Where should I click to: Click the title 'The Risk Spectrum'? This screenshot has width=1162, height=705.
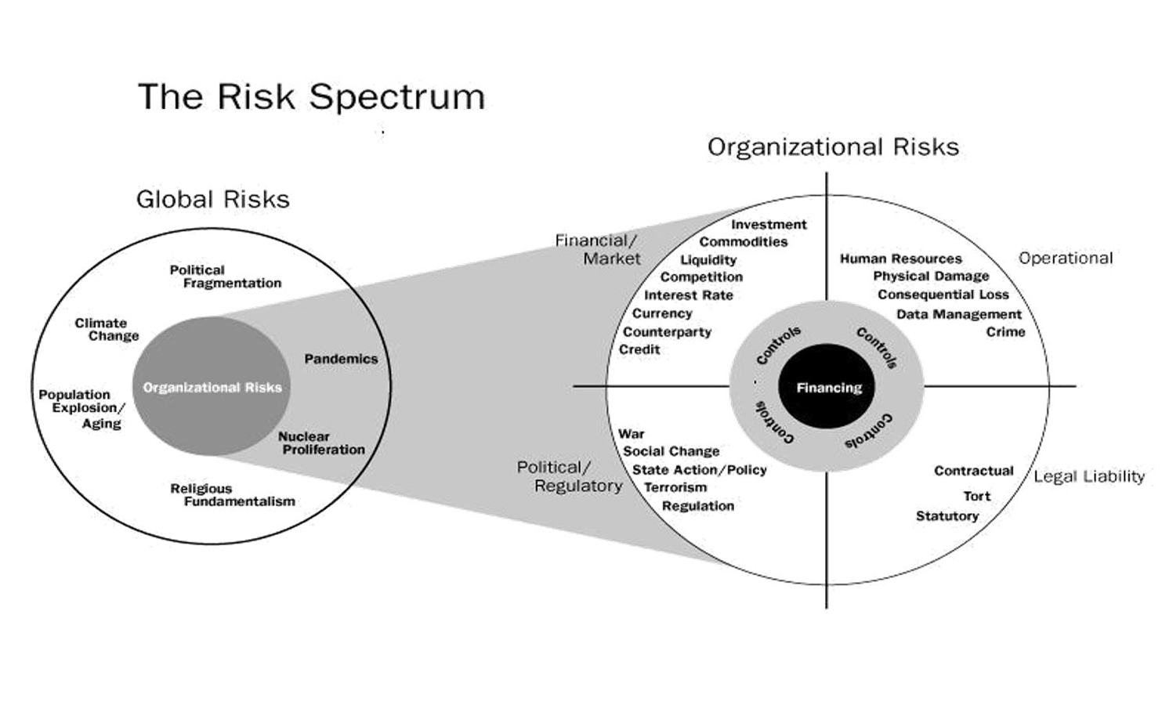pyautogui.click(x=311, y=97)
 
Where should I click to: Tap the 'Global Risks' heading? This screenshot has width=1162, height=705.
pyautogui.click(x=212, y=199)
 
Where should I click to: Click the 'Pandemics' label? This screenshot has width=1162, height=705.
pyautogui.click(x=341, y=359)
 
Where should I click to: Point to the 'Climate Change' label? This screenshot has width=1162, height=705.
pyautogui.click(x=107, y=329)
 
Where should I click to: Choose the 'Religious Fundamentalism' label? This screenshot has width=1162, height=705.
pyautogui.click(x=232, y=495)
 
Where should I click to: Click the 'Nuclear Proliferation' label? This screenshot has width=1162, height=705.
pyautogui.click(x=321, y=443)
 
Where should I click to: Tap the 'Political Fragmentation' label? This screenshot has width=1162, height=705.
pyautogui.click(x=225, y=277)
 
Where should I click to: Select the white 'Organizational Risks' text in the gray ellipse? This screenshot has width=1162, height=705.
pyautogui.click(x=212, y=387)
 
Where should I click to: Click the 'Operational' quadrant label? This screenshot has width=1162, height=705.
pyautogui.click(x=1065, y=258)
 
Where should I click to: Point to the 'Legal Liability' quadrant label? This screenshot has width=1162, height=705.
pyautogui.click(x=1088, y=476)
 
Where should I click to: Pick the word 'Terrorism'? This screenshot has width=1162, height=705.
pyautogui.click(x=675, y=487)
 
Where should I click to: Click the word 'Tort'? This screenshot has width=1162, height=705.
pyautogui.click(x=976, y=496)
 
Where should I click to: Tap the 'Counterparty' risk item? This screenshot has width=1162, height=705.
pyautogui.click(x=667, y=331)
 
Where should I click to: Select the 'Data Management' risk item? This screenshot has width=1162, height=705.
pyautogui.click(x=958, y=314)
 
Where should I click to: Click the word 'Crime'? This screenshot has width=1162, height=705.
pyautogui.click(x=1005, y=332)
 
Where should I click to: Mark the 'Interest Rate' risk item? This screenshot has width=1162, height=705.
pyautogui.click(x=688, y=295)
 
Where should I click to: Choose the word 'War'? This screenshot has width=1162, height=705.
pyautogui.click(x=631, y=433)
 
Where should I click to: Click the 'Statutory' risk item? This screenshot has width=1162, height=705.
pyautogui.click(x=947, y=515)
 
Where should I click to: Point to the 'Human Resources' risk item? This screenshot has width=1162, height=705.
pyautogui.click(x=900, y=258)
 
